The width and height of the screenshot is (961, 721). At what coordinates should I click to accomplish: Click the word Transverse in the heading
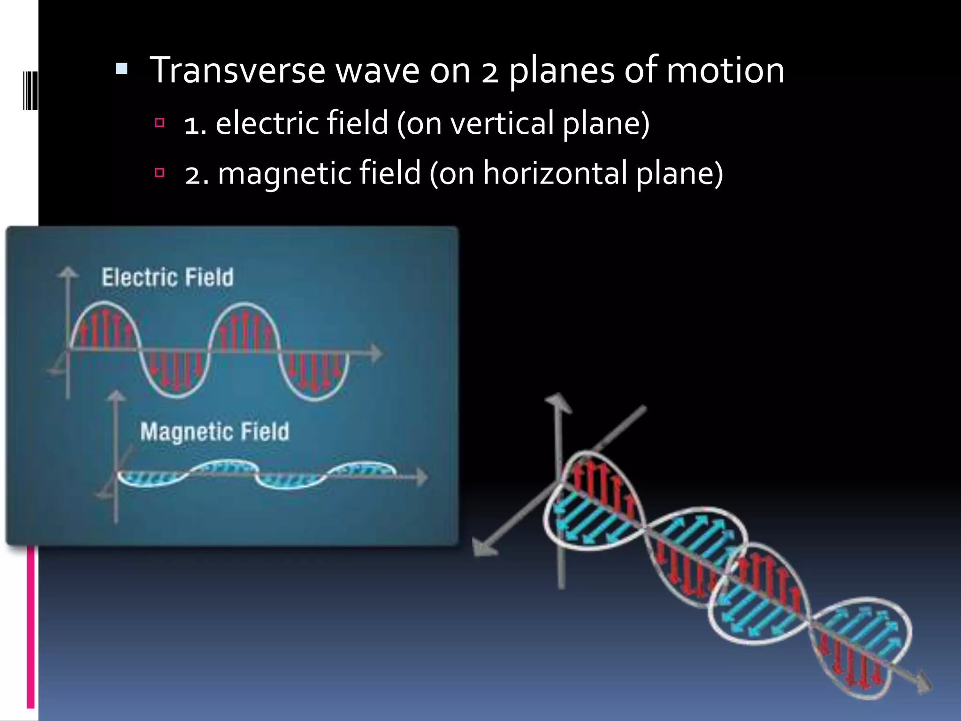pyautogui.click(x=237, y=70)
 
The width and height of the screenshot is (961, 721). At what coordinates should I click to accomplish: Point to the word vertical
pyautogui.click(x=502, y=123)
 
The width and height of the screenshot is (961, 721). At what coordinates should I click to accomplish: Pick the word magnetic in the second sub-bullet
pyautogui.click(x=284, y=174)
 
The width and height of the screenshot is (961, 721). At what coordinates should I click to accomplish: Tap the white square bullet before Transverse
pyautogui.click(x=122, y=69)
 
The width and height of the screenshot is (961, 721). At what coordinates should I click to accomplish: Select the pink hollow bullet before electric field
pyautogui.click(x=160, y=123)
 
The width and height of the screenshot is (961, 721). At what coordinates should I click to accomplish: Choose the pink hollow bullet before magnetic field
pyautogui.click(x=160, y=173)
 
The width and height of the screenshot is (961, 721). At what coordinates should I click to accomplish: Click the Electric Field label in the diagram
pyautogui.click(x=168, y=277)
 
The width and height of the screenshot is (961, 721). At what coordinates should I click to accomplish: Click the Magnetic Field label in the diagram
pyautogui.click(x=214, y=431)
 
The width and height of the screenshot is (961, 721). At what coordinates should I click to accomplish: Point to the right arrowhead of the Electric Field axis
pyautogui.click(x=376, y=353)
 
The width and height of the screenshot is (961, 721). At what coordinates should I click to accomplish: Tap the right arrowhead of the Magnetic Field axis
pyautogui.click(x=422, y=477)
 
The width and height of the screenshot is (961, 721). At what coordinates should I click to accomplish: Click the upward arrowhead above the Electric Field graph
pyautogui.click(x=69, y=273)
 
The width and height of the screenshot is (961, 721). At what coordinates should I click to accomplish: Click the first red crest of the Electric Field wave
pyautogui.click(x=105, y=324)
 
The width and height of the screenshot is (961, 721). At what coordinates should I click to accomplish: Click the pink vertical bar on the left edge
pyautogui.click(x=31, y=627)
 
